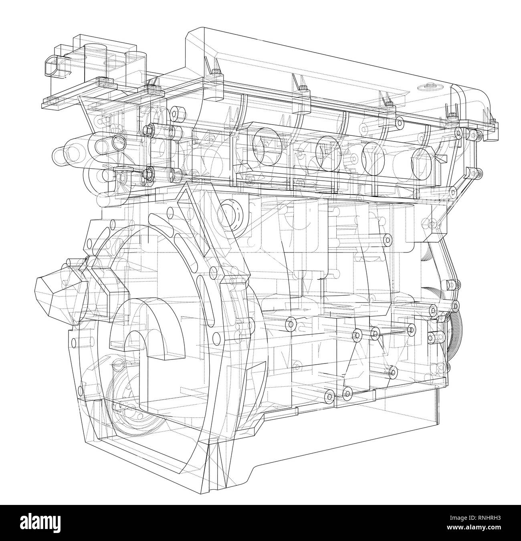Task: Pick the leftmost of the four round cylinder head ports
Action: tap(263, 145)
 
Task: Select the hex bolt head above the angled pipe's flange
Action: tap(148, 129)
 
